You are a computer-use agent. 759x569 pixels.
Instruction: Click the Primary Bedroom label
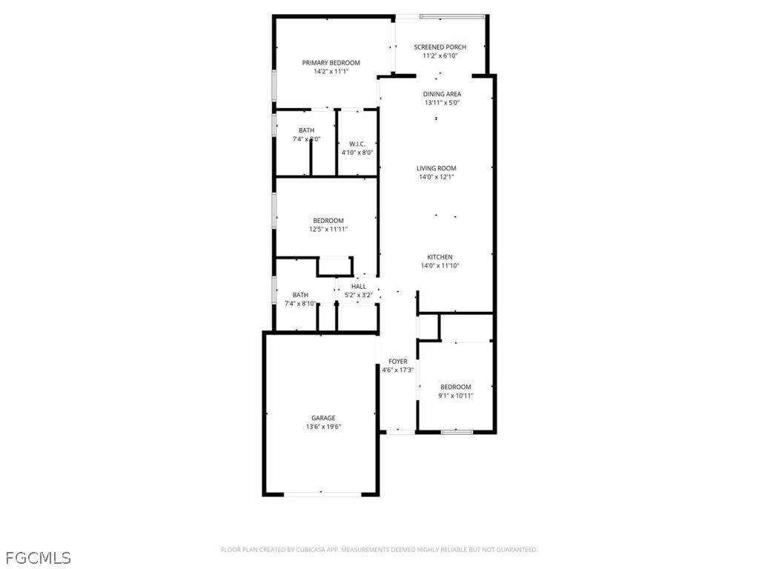(x=331, y=63)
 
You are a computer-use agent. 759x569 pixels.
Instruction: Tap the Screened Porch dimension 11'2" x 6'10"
(x=440, y=56)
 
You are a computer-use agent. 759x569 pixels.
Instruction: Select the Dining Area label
(x=442, y=94)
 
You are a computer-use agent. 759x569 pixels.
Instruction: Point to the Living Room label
(x=436, y=168)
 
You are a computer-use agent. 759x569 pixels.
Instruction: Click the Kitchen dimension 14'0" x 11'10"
(x=440, y=266)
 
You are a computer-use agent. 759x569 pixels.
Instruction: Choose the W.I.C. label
(x=357, y=144)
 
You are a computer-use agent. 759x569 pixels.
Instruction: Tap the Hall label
(x=359, y=287)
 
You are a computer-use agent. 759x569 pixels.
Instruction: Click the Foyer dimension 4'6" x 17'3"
(x=398, y=370)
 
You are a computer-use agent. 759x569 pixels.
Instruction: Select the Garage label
(x=323, y=418)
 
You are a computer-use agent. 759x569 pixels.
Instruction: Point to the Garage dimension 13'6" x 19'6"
(x=323, y=427)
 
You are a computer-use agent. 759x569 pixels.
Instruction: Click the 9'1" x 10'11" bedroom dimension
(x=456, y=396)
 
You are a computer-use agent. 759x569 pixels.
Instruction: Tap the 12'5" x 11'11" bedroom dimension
(x=328, y=230)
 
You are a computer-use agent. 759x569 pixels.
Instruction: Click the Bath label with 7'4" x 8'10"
(x=300, y=295)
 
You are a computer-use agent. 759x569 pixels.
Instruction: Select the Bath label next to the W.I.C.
(x=306, y=130)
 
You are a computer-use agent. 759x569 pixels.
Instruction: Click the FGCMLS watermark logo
(x=39, y=558)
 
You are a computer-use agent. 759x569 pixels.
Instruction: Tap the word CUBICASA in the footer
(x=311, y=550)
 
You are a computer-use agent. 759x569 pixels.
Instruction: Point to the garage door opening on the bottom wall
(x=322, y=494)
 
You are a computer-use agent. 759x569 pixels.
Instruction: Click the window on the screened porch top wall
(x=452, y=16)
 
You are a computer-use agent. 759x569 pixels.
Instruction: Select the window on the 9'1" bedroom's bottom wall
(x=457, y=432)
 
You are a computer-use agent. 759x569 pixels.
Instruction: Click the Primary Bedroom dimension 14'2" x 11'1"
(x=331, y=72)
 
